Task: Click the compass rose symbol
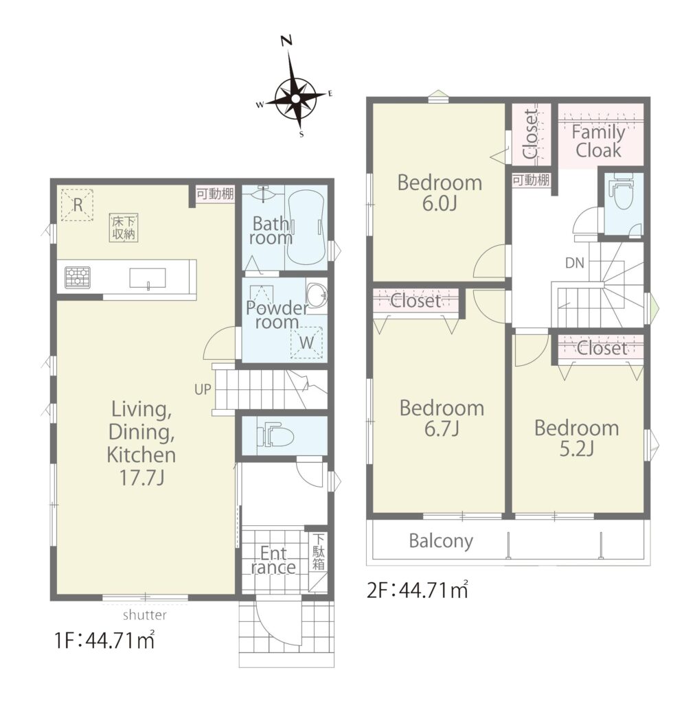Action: point(296,99)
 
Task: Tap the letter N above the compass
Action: point(286,41)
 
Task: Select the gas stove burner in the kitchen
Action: point(77,277)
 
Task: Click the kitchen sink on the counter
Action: point(148,278)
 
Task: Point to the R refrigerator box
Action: point(77,205)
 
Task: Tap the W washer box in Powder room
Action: point(306,343)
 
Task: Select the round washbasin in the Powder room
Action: point(317,295)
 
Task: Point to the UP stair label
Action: point(203,389)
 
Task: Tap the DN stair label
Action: point(575,263)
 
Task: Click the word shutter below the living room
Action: point(145,614)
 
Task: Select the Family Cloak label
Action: point(598,141)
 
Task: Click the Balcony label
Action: point(441,541)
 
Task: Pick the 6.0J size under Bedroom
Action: point(440,203)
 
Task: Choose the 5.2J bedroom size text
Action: point(577,448)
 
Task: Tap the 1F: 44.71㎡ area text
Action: point(104,640)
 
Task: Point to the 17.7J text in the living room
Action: point(141,478)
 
